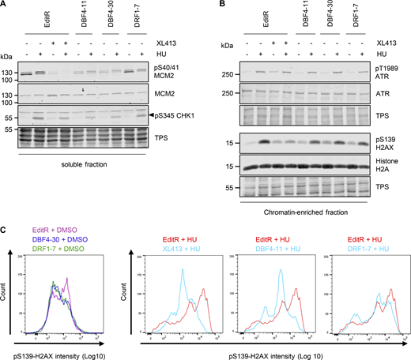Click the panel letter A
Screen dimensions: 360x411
click(x=5, y=6)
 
